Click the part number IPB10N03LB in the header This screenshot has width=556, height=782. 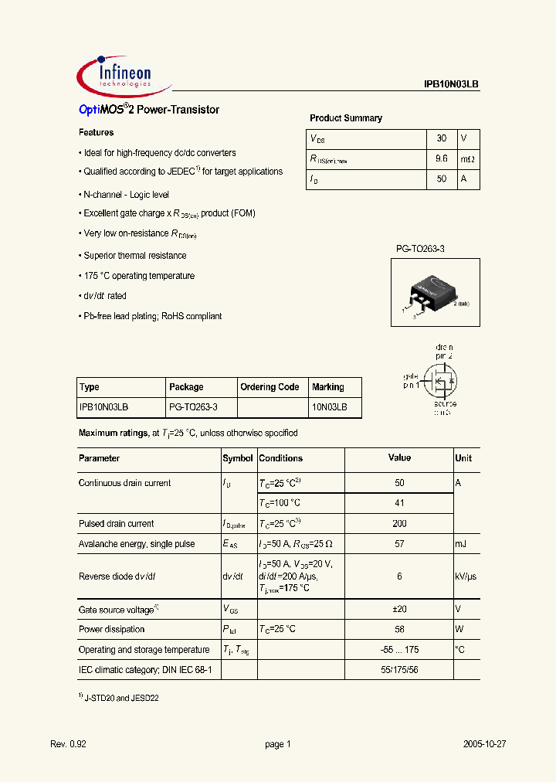452,86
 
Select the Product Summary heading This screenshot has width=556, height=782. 346,118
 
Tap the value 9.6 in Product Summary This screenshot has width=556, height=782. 442,158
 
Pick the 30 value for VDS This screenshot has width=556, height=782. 442,138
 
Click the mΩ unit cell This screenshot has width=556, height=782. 469,158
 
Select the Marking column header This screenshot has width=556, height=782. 328,387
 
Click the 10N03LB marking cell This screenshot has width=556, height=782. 330,406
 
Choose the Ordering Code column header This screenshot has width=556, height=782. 270,387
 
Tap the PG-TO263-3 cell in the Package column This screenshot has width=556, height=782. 193,406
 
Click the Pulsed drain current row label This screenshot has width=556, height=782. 117,524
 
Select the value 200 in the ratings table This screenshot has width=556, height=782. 399,524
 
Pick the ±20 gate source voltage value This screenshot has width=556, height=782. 399,610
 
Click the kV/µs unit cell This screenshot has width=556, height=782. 466,576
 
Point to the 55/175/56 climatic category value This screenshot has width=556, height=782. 399,669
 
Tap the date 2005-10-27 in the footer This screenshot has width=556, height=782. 484,744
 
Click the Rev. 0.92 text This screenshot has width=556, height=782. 68,744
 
